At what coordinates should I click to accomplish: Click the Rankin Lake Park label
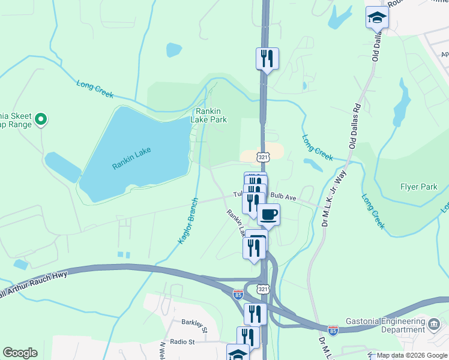click(x=209, y=115)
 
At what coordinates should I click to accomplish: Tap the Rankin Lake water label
click(x=131, y=158)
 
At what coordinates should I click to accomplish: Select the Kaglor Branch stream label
click(x=188, y=221)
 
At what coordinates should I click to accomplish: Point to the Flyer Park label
click(x=418, y=187)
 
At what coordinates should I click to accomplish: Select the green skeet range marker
click(x=41, y=120)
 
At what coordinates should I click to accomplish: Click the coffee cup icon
click(x=268, y=214)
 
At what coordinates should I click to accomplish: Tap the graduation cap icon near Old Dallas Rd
click(x=377, y=19)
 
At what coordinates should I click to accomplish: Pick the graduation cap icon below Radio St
click(x=238, y=353)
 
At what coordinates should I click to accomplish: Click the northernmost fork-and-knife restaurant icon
click(x=267, y=58)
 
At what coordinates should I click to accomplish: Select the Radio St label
click(x=182, y=342)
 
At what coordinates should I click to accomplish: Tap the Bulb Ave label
click(x=283, y=196)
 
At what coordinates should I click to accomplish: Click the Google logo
click(x=20, y=353)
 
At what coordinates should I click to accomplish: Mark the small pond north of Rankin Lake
click(x=174, y=50)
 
